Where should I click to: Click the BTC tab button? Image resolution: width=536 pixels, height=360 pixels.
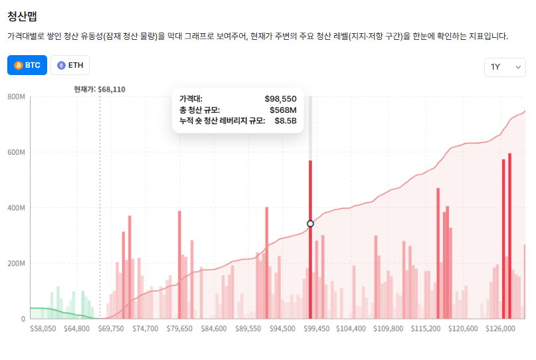pos(27,65)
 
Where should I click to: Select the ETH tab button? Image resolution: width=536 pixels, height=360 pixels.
pos(70,65)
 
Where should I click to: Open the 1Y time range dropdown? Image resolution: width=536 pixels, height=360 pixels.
pos(505,66)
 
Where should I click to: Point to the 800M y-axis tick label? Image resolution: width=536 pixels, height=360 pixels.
pos(16,97)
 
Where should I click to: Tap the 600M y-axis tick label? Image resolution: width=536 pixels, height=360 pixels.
pos(16,153)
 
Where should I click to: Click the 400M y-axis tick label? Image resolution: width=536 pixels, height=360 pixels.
pos(16,209)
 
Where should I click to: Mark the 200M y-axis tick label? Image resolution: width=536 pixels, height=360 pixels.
pos(16,264)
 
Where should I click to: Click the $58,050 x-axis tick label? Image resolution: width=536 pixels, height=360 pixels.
pos(43,328)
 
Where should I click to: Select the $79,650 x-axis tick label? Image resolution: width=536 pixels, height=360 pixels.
pos(179,328)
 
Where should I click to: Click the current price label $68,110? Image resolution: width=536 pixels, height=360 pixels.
pos(100,89)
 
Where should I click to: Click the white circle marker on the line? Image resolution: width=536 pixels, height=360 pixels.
pos(310,224)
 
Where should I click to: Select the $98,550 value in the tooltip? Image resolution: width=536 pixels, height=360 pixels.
pos(280,98)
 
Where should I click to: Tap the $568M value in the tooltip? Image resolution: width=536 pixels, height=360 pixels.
pos(283,110)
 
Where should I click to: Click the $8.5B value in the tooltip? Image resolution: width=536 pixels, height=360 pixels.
pos(286,121)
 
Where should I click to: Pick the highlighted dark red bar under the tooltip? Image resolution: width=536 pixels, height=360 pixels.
pos(310,266)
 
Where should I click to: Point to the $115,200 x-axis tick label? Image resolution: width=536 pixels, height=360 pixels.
pos(426,328)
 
